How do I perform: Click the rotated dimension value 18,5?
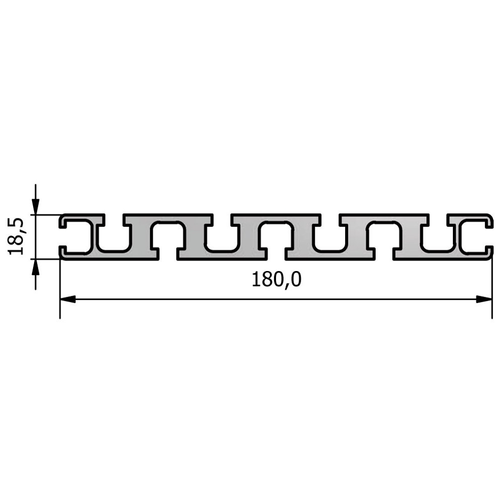(16, 236)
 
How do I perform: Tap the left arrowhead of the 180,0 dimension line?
(68, 300)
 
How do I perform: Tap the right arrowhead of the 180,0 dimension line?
(484, 300)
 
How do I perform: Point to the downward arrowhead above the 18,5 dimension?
(36, 207)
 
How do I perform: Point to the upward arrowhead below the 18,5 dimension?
(36, 267)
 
